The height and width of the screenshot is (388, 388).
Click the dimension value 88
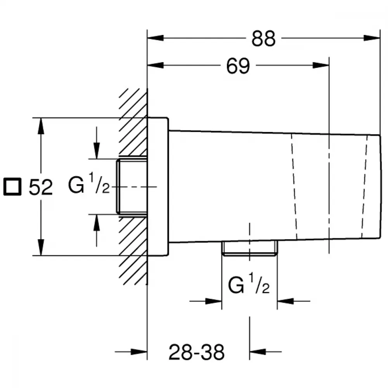click(x=263, y=38)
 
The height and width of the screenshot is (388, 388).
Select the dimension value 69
click(x=238, y=66)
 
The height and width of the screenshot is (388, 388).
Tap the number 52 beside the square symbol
click(x=41, y=187)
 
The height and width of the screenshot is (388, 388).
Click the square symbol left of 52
click(x=12, y=187)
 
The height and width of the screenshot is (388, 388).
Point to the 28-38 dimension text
click(x=196, y=352)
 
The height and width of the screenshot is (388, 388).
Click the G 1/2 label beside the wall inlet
click(x=89, y=184)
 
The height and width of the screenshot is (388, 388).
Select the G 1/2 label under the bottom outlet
click(x=249, y=284)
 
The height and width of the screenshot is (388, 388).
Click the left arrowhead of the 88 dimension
click(x=156, y=38)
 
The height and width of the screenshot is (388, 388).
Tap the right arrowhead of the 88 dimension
click(x=372, y=38)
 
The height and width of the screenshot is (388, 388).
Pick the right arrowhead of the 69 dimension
click(x=321, y=65)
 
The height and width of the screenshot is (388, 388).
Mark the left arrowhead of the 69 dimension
click(x=156, y=65)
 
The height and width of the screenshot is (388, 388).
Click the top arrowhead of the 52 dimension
click(x=41, y=126)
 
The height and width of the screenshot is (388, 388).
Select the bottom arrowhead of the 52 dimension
click(x=41, y=247)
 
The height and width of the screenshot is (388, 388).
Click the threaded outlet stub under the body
click(x=249, y=248)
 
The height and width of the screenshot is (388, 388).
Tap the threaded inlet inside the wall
click(x=132, y=187)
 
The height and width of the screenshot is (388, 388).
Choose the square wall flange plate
click(x=158, y=187)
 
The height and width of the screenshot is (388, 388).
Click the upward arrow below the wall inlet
click(x=97, y=230)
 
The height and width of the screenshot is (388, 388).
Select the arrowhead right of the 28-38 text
click(x=258, y=352)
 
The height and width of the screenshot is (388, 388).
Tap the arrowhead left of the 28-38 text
click(x=139, y=352)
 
